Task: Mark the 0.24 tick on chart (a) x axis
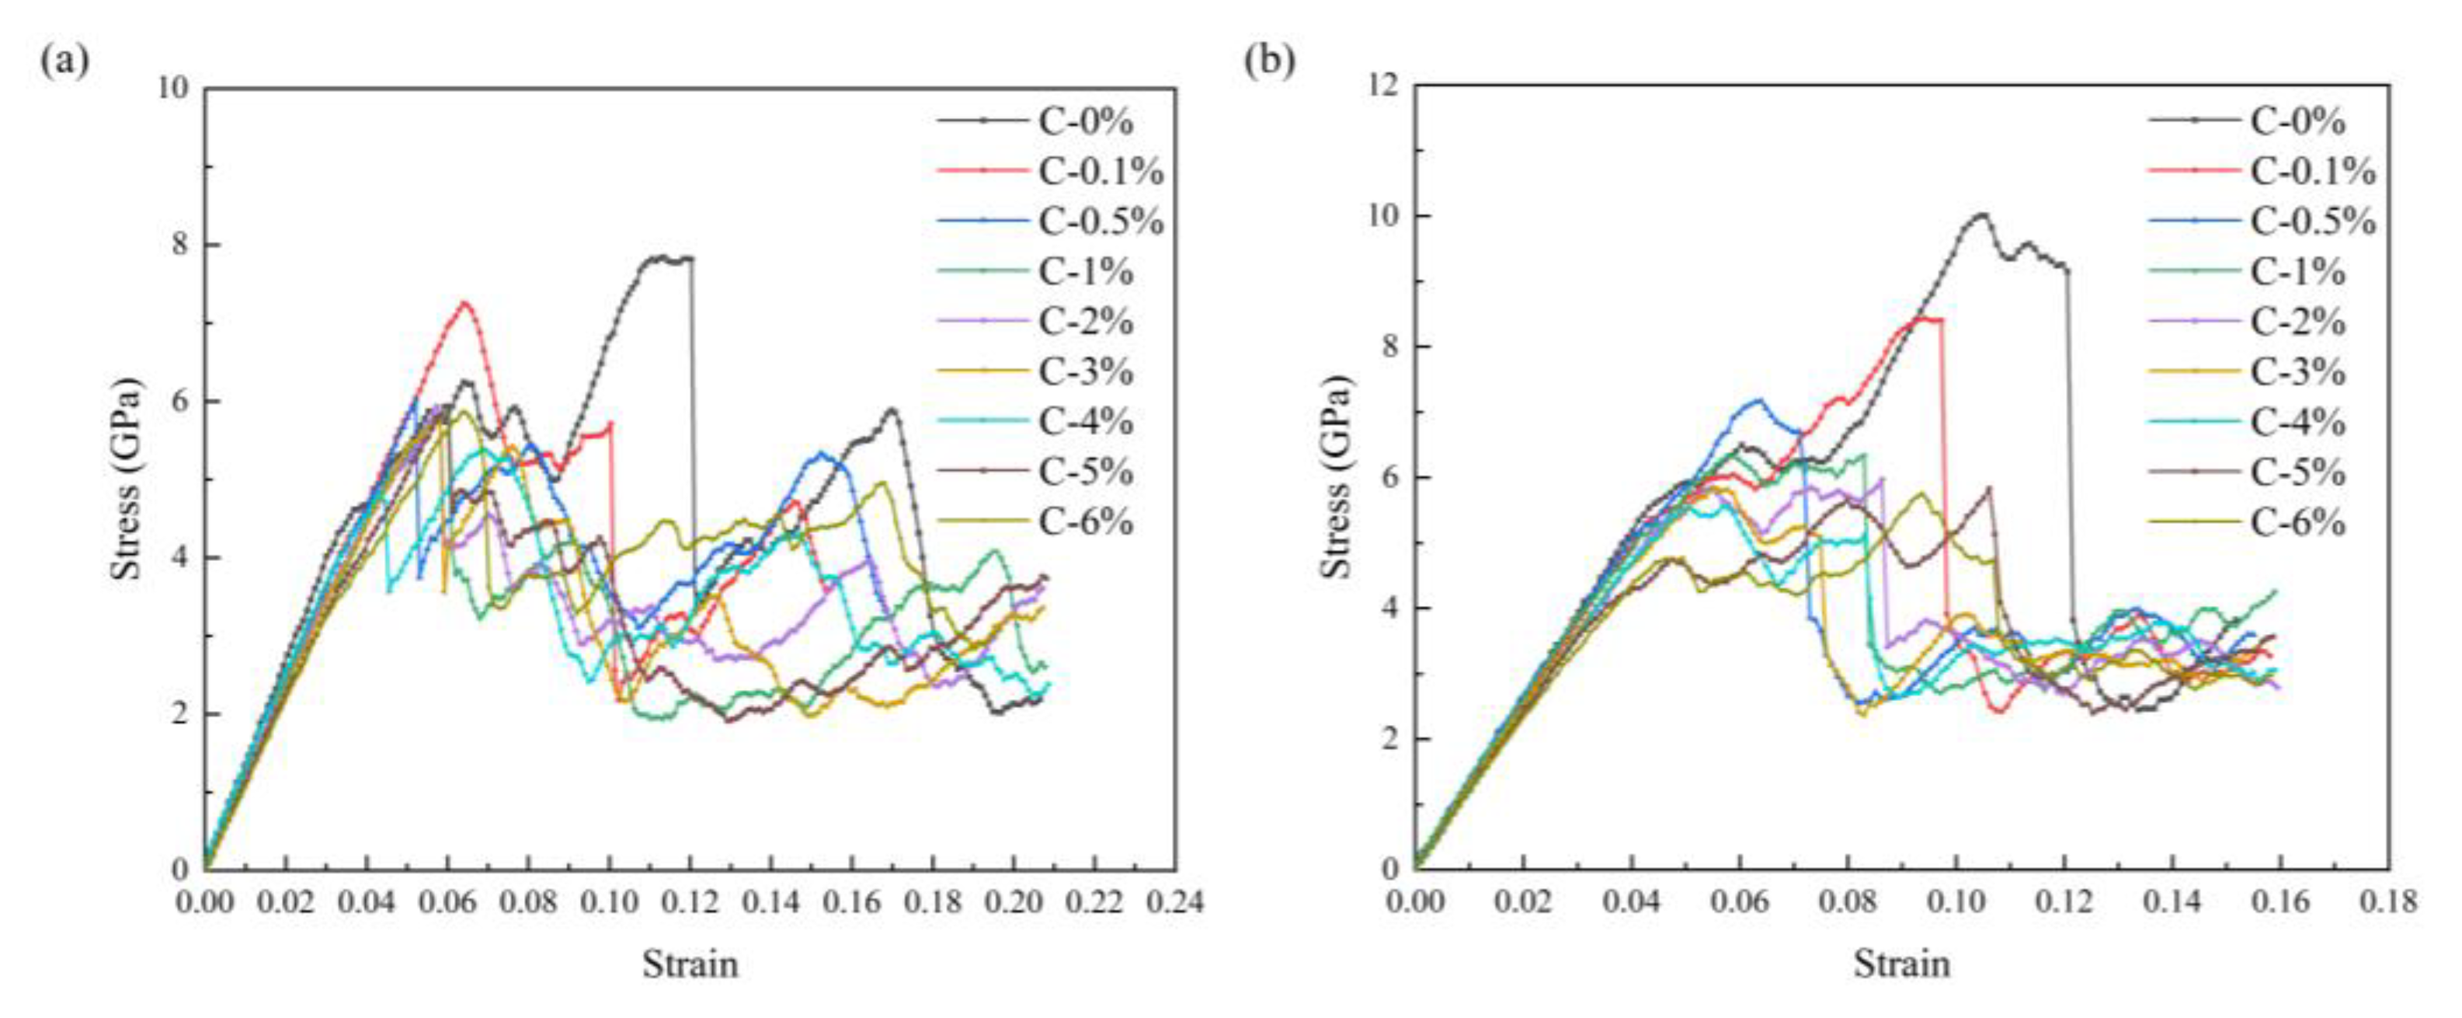pyautogui.click(x=1174, y=901)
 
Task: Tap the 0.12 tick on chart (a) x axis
pyautogui.click(x=690, y=901)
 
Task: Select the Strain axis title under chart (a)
pyautogui.click(x=690, y=964)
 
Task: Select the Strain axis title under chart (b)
pyautogui.click(x=1902, y=964)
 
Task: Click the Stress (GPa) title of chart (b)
pyautogui.click(x=1338, y=476)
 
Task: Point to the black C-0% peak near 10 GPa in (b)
pyautogui.click(x=1977, y=215)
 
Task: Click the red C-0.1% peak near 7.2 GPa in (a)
pyautogui.click(x=465, y=304)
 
